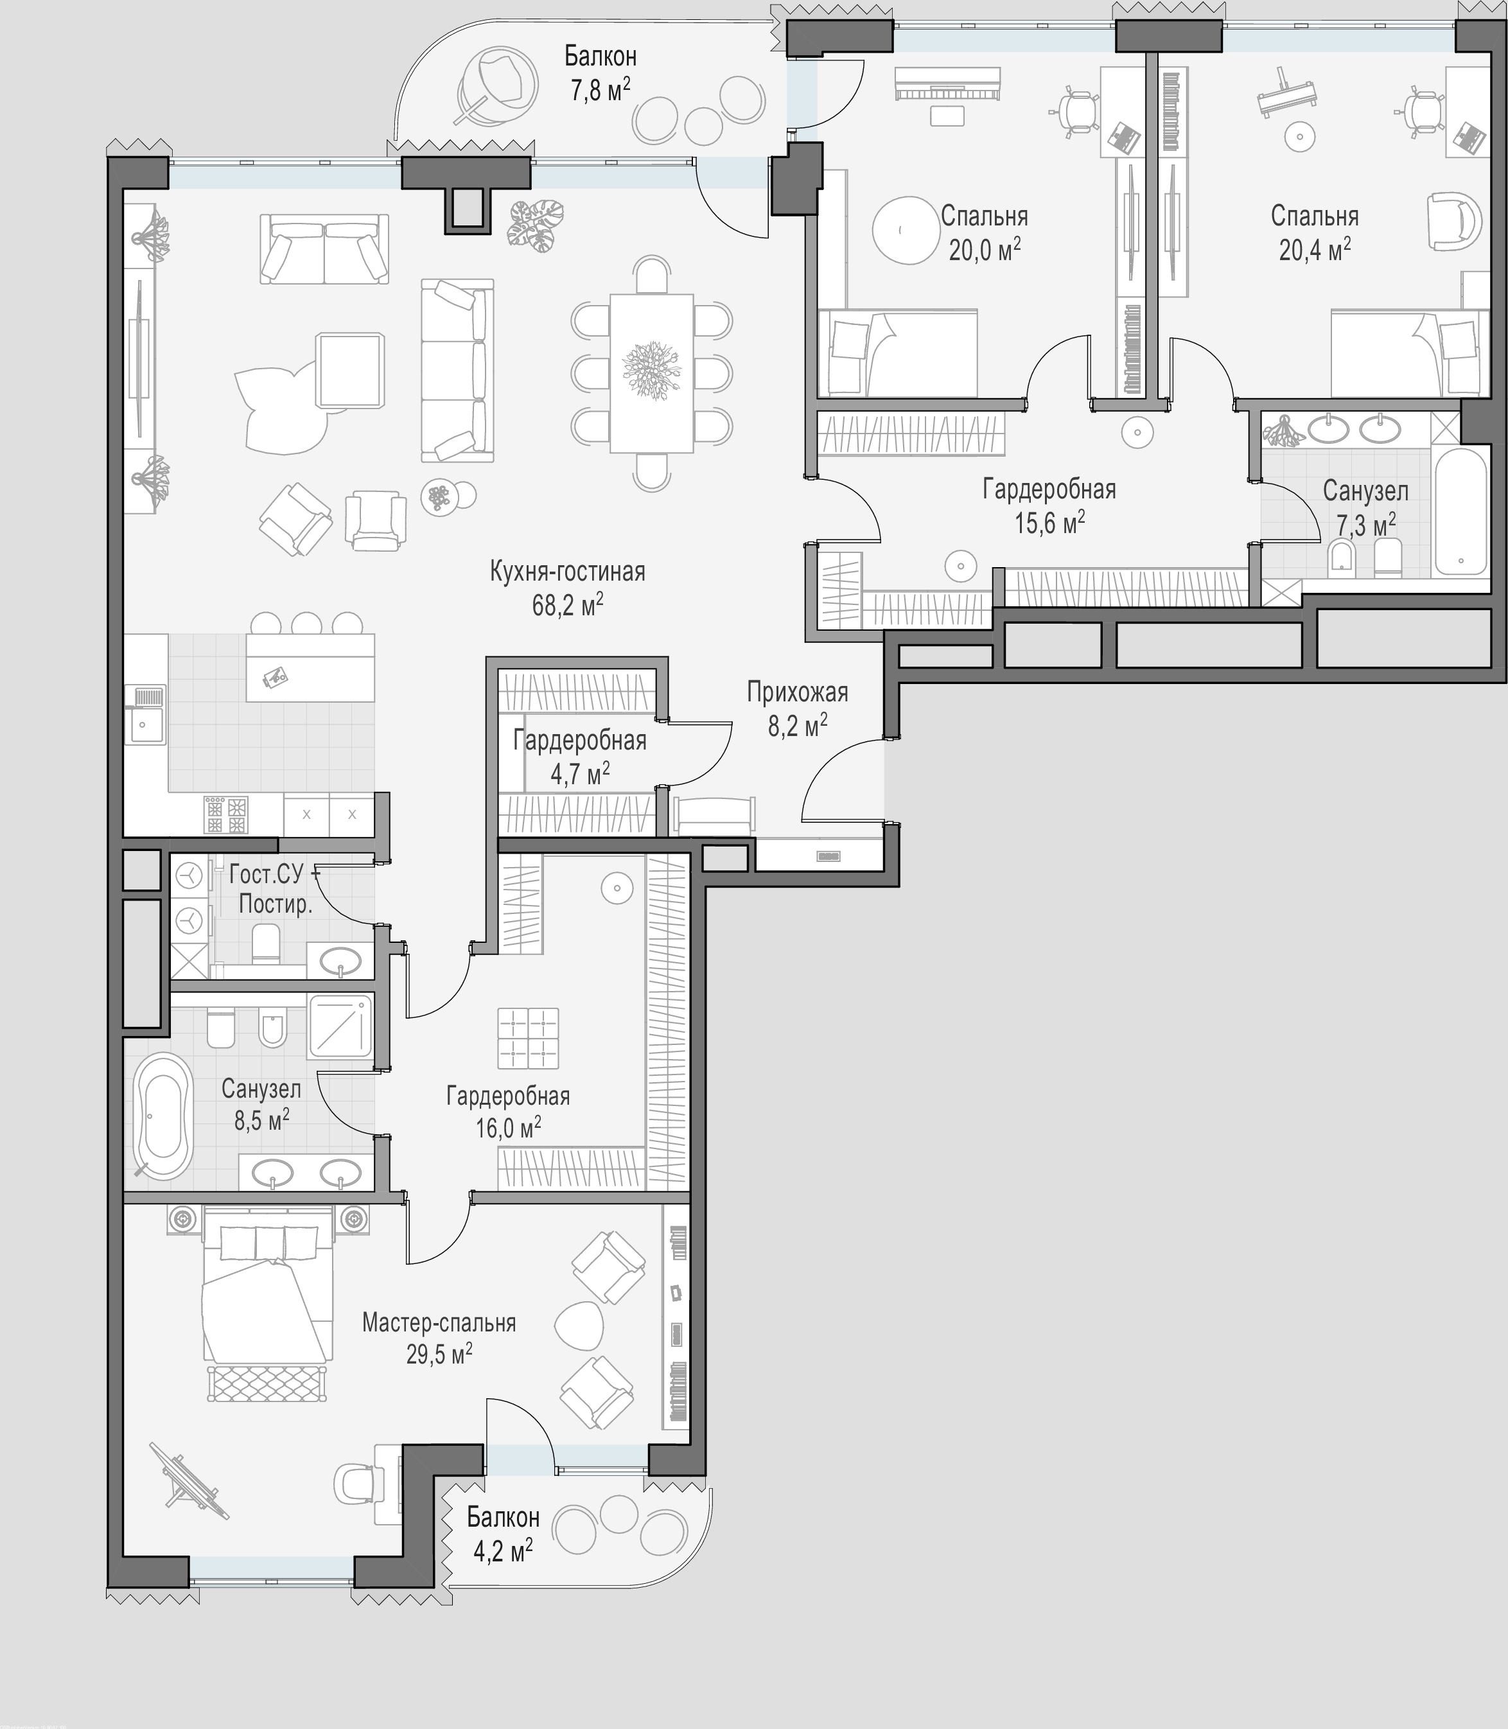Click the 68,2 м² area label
coord(567,605)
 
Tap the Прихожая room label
coord(797,692)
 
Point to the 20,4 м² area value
coord(1315,250)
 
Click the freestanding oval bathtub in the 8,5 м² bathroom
coord(163,1116)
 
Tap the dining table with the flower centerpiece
coord(651,373)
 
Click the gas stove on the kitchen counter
coord(226,814)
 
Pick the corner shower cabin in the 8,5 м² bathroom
coord(340,1026)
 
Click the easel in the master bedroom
coord(189,1482)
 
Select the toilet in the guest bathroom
coord(266,944)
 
